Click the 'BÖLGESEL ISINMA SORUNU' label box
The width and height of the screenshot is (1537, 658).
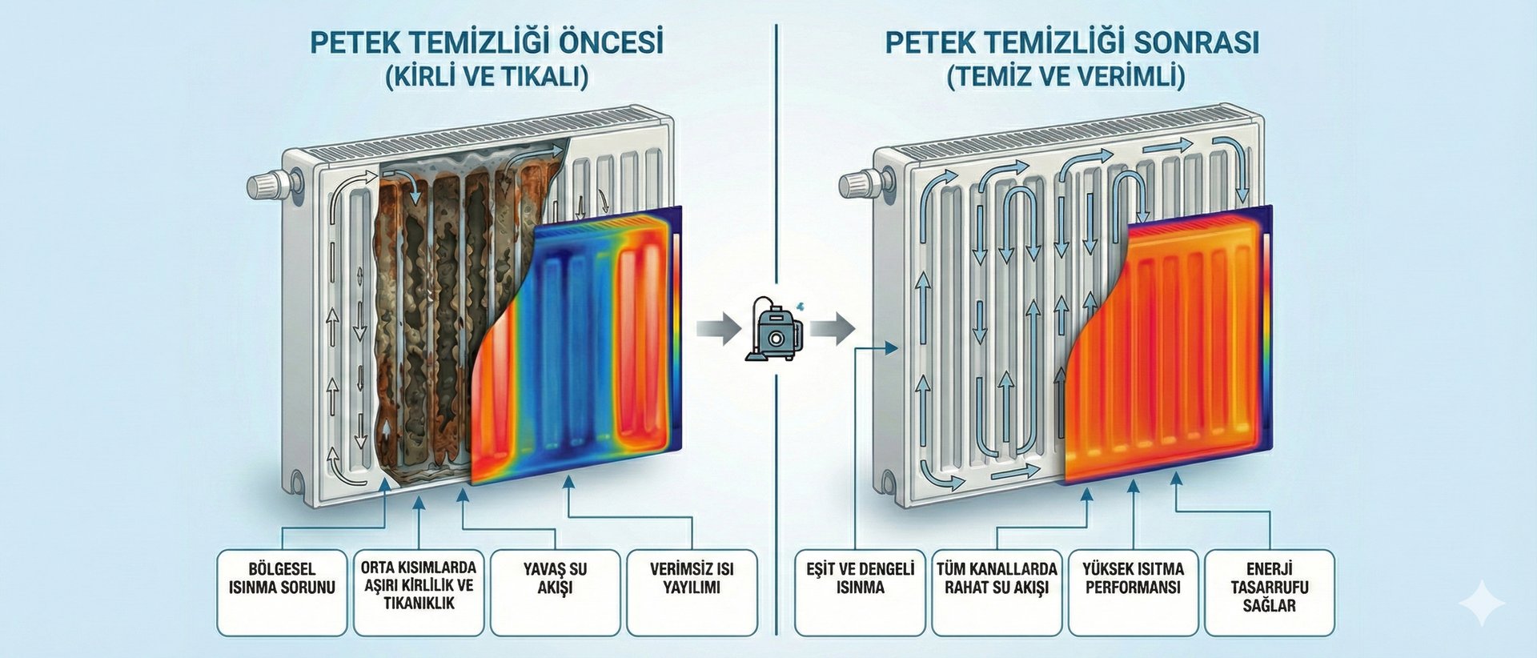(282, 592)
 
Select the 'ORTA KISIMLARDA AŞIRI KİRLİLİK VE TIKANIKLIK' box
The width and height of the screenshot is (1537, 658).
(419, 592)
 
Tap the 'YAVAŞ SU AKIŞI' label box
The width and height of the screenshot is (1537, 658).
(556, 592)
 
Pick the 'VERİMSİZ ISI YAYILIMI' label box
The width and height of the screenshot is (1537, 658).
(692, 592)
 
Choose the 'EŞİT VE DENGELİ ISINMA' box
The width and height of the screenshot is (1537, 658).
(861, 592)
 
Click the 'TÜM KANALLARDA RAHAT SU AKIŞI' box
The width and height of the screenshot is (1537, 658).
(997, 592)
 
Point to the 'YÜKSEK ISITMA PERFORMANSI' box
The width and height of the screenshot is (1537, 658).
(1133, 592)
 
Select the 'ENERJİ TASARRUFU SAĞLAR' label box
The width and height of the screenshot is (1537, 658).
(1270, 592)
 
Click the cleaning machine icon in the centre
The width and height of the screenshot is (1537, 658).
(773, 328)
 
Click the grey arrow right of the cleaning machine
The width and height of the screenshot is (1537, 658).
(833, 328)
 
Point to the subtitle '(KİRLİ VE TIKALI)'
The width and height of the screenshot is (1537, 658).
(487, 77)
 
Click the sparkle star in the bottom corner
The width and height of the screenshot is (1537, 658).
(1482, 602)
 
